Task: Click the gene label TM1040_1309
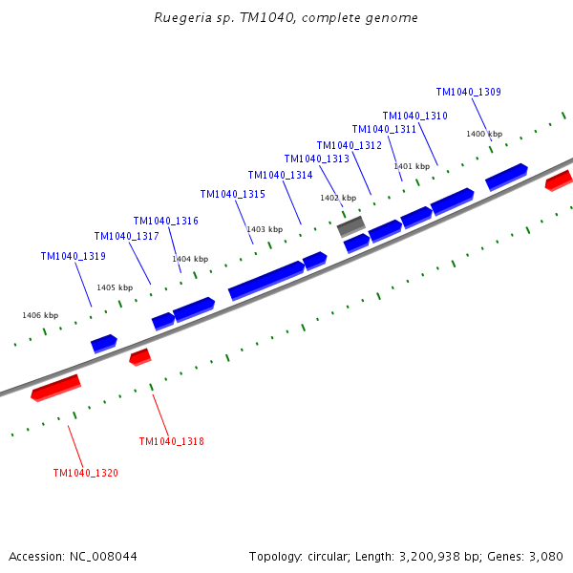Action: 468,93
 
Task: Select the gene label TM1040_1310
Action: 414,116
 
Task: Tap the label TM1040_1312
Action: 349,145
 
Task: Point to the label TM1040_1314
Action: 280,175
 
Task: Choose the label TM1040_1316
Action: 165,221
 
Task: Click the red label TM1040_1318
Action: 171,441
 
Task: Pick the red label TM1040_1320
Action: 85,473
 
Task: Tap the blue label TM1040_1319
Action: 73,256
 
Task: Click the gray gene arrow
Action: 350,227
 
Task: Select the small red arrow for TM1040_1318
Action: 140,357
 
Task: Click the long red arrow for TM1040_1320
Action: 55,388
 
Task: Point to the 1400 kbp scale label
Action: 483,134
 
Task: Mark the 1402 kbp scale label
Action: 337,198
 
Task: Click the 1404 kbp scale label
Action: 189,259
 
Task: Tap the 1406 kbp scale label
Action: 40,315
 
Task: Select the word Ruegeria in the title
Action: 180,18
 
